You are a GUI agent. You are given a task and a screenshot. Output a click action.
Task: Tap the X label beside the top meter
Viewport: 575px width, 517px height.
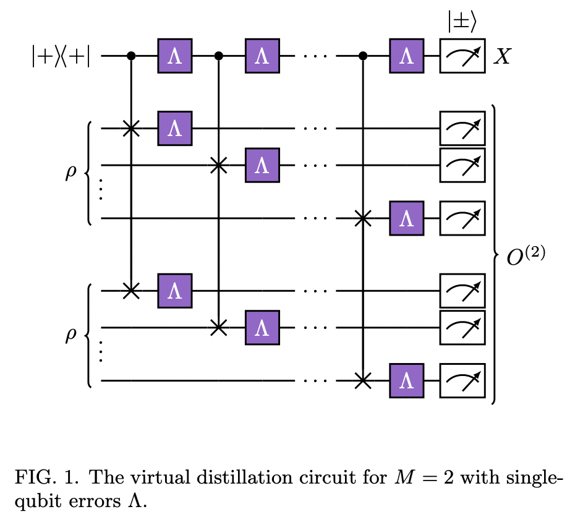501,57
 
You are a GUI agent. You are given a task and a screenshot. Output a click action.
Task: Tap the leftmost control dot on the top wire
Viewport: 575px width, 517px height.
130,56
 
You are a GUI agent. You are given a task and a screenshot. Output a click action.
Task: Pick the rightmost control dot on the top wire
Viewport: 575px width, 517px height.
363,56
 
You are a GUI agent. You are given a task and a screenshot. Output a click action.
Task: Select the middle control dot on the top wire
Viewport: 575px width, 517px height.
218,56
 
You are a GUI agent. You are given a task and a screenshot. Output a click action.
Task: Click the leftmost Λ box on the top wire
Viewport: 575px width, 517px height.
175,56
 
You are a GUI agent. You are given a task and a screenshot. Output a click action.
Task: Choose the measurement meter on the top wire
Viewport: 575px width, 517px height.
462,56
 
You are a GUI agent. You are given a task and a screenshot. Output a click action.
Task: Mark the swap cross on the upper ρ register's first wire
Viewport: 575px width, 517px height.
130,129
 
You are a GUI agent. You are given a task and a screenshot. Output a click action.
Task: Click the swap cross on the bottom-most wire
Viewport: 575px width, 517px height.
363,380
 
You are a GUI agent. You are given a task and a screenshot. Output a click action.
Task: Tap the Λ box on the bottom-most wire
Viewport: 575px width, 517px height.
406,380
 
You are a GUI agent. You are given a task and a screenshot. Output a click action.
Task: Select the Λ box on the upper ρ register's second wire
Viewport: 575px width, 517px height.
262,165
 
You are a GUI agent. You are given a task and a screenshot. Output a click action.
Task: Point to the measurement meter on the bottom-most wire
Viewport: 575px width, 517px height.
462,380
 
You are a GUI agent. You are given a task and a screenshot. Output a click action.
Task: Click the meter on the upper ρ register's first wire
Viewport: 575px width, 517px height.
462,129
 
